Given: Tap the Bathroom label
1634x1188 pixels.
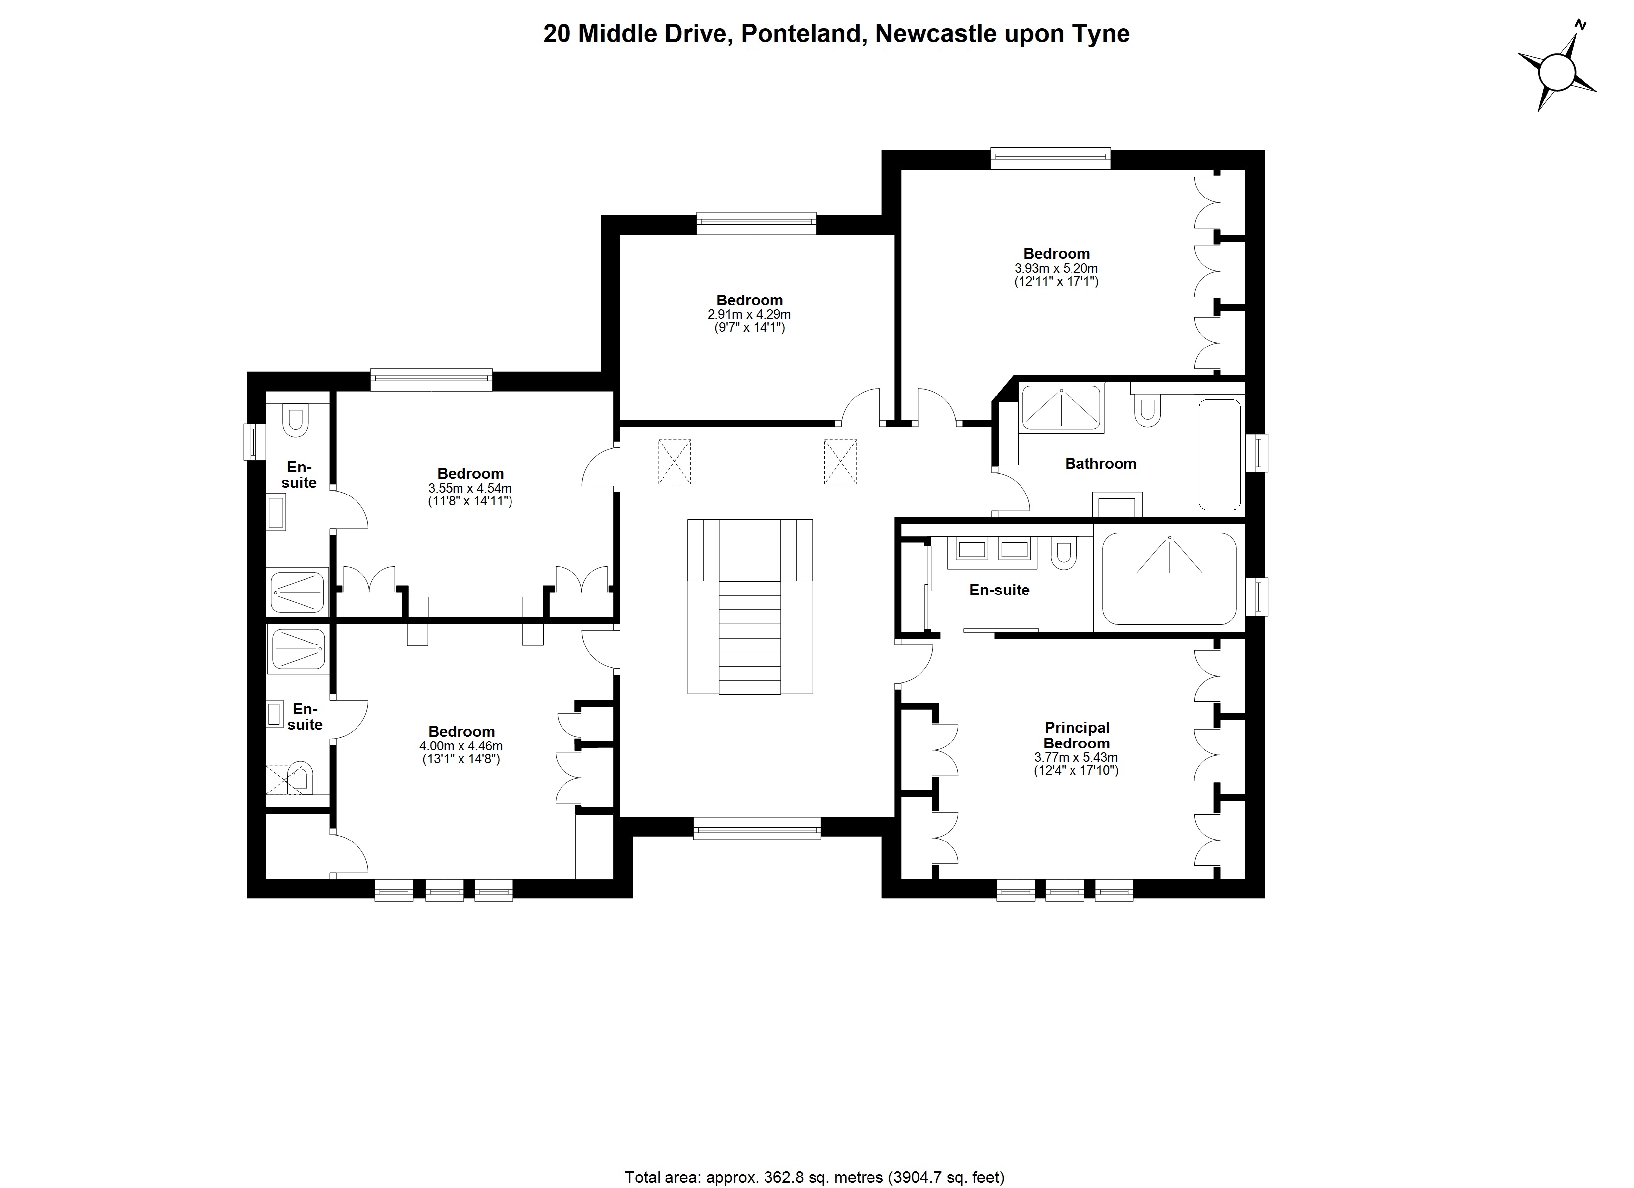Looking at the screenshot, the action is point(1100,464).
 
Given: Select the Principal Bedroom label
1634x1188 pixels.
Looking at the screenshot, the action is point(1076,736).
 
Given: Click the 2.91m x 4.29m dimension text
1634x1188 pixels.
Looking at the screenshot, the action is point(749,315).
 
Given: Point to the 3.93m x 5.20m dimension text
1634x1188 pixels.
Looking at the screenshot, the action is point(1056,268).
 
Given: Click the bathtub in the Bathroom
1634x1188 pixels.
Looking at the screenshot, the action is point(1219,454).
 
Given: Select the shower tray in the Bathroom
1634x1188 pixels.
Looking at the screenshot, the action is point(1061,408).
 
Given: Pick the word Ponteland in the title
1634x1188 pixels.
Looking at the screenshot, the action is point(801,34).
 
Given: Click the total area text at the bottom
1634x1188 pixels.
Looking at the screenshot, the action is point(814,1177).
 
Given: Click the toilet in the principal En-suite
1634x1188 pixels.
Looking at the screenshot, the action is point(1064,554).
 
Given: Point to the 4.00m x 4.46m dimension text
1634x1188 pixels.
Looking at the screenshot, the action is point(461,746).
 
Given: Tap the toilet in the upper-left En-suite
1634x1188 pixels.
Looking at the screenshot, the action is point(296,421).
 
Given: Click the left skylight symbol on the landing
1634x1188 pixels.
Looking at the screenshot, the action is point(674,461).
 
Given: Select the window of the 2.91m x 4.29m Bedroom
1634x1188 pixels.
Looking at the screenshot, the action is point(756,223).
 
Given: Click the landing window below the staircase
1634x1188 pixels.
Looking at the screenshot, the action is point(757,828).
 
